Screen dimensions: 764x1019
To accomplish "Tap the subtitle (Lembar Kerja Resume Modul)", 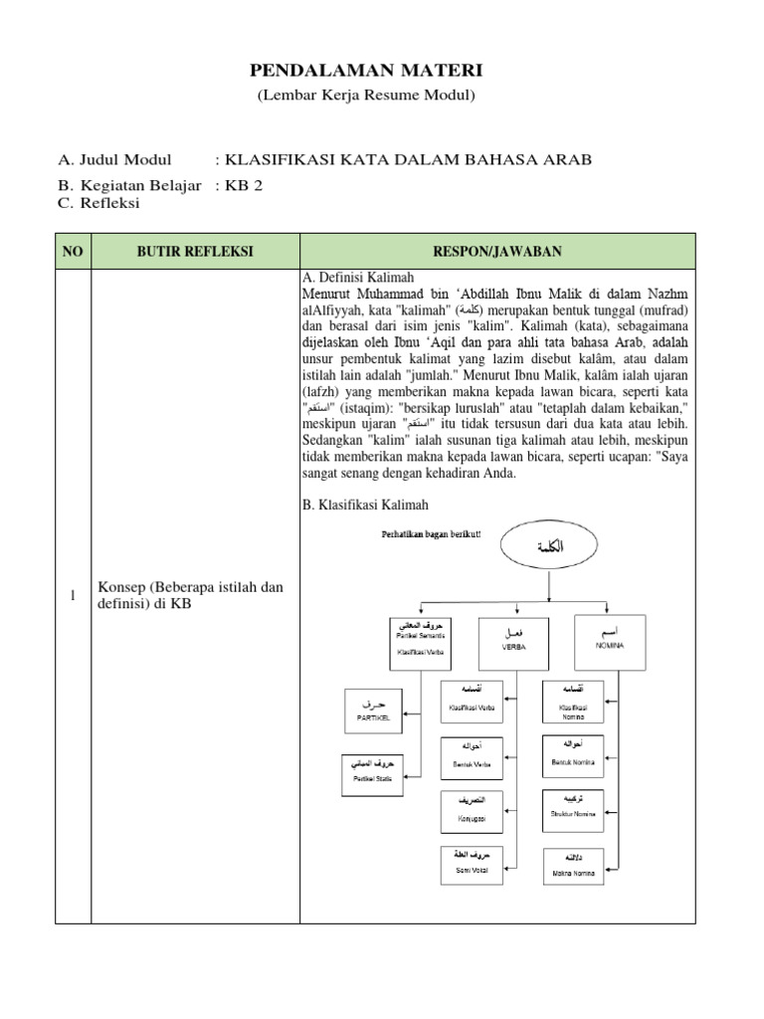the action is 366,96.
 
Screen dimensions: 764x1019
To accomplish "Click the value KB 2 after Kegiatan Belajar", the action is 245,184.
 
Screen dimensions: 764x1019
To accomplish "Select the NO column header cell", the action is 73,252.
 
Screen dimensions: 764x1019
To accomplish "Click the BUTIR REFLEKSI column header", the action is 195,252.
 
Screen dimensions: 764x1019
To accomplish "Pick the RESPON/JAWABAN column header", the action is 497,252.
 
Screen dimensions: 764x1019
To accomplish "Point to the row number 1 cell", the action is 73,595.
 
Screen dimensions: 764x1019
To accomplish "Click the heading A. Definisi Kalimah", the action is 357,278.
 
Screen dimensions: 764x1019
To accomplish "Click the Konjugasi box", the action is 472,814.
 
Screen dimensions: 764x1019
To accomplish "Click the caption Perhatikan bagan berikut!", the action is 431,535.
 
